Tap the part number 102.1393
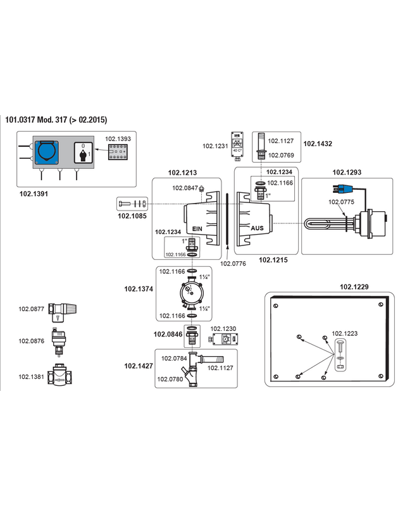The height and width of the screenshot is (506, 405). [x=118, y=138]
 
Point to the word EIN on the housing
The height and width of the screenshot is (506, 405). [x=197, y=228]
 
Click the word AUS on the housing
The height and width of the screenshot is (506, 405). [x=257, y=228]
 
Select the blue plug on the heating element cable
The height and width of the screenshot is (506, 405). [x=342, y=189]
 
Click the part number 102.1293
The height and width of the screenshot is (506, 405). [x=347, y=171]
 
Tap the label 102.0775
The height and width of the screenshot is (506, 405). [x=341, y=202]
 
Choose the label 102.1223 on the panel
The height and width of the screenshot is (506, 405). [x=345, y=333]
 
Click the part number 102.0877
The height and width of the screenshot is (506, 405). [x=31, y=309]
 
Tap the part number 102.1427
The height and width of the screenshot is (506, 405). [x=139, y=366]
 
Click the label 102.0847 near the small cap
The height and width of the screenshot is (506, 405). [x=184, y=188]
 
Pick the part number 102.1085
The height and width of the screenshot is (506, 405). [x=132, y=216]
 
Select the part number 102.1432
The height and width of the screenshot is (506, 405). [x=318, y=144]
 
